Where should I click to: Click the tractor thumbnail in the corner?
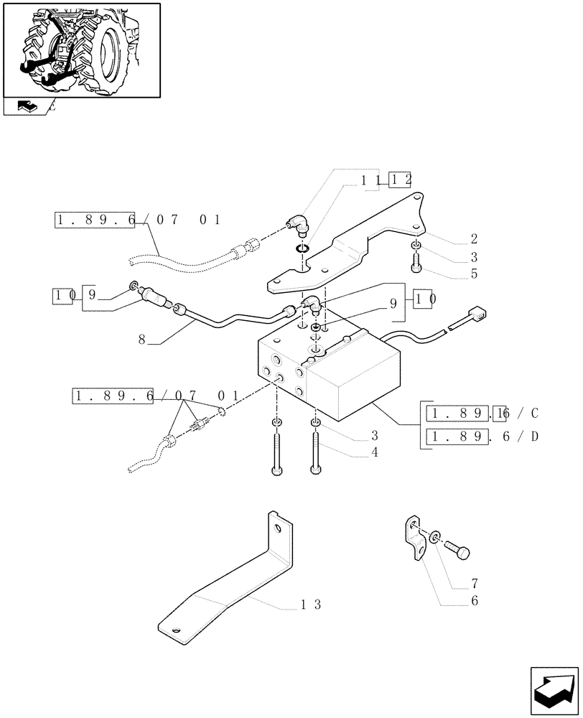pos(81,50)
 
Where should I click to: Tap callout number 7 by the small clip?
pos(475,584)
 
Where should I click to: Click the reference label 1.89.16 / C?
pos(482,413)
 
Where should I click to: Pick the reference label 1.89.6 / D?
pos(482,437)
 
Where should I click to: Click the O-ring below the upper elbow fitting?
pos(302,250)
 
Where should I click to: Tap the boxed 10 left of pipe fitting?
pos(61,294)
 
